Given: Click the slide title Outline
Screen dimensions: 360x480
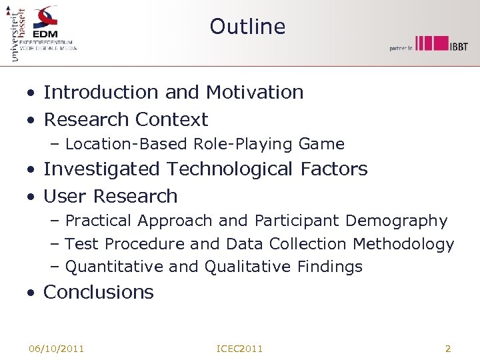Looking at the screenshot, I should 247,27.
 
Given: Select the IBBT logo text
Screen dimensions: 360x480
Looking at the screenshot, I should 458,46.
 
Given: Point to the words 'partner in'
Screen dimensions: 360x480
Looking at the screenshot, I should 401,48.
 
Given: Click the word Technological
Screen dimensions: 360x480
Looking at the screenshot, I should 229,169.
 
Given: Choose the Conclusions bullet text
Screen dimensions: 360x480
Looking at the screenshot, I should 99,293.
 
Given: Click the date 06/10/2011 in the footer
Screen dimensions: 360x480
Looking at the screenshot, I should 56,349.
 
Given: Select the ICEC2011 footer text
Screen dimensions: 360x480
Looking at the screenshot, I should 240,349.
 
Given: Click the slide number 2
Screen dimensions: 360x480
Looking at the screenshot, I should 448,349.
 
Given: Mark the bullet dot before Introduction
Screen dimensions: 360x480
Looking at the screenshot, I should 31,93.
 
